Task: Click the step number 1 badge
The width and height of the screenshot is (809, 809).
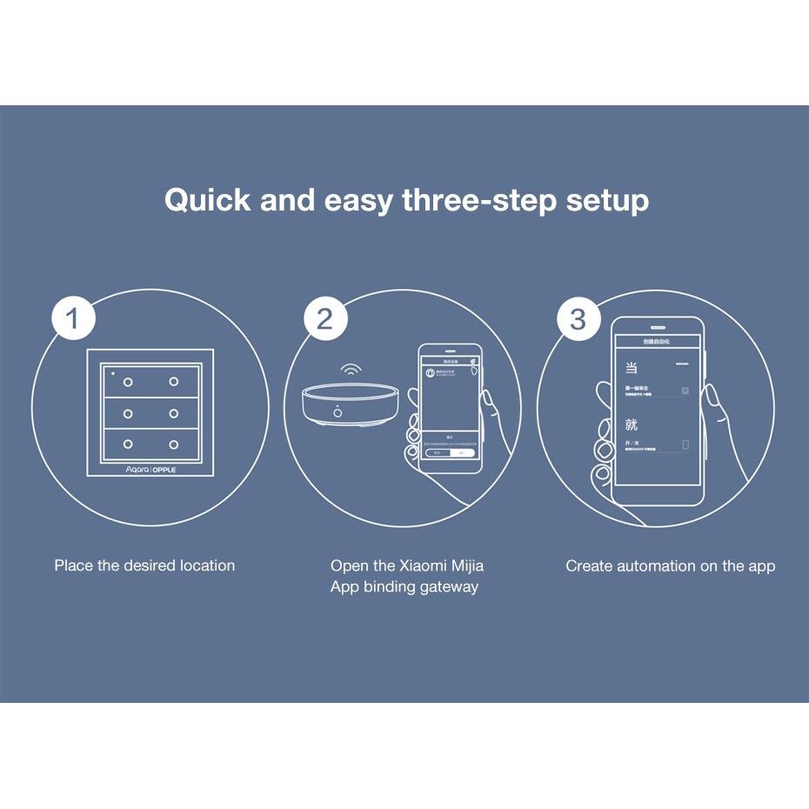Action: click(73, 318)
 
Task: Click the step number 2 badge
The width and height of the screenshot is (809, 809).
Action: click(324, 318)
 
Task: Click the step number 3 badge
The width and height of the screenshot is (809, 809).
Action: click(578, 318)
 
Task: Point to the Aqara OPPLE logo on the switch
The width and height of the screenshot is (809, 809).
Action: click(150, 468)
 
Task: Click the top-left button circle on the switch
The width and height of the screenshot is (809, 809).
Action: click(127, 382)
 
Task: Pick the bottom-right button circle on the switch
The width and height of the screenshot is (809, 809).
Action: click(174, 445)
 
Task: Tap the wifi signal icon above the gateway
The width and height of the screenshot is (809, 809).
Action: click(351, 371)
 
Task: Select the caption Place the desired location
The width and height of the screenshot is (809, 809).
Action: click(144, 565)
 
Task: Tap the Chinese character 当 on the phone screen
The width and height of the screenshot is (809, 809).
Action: click(632, 367)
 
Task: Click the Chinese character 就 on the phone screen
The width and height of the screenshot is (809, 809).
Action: click(632, 425)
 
